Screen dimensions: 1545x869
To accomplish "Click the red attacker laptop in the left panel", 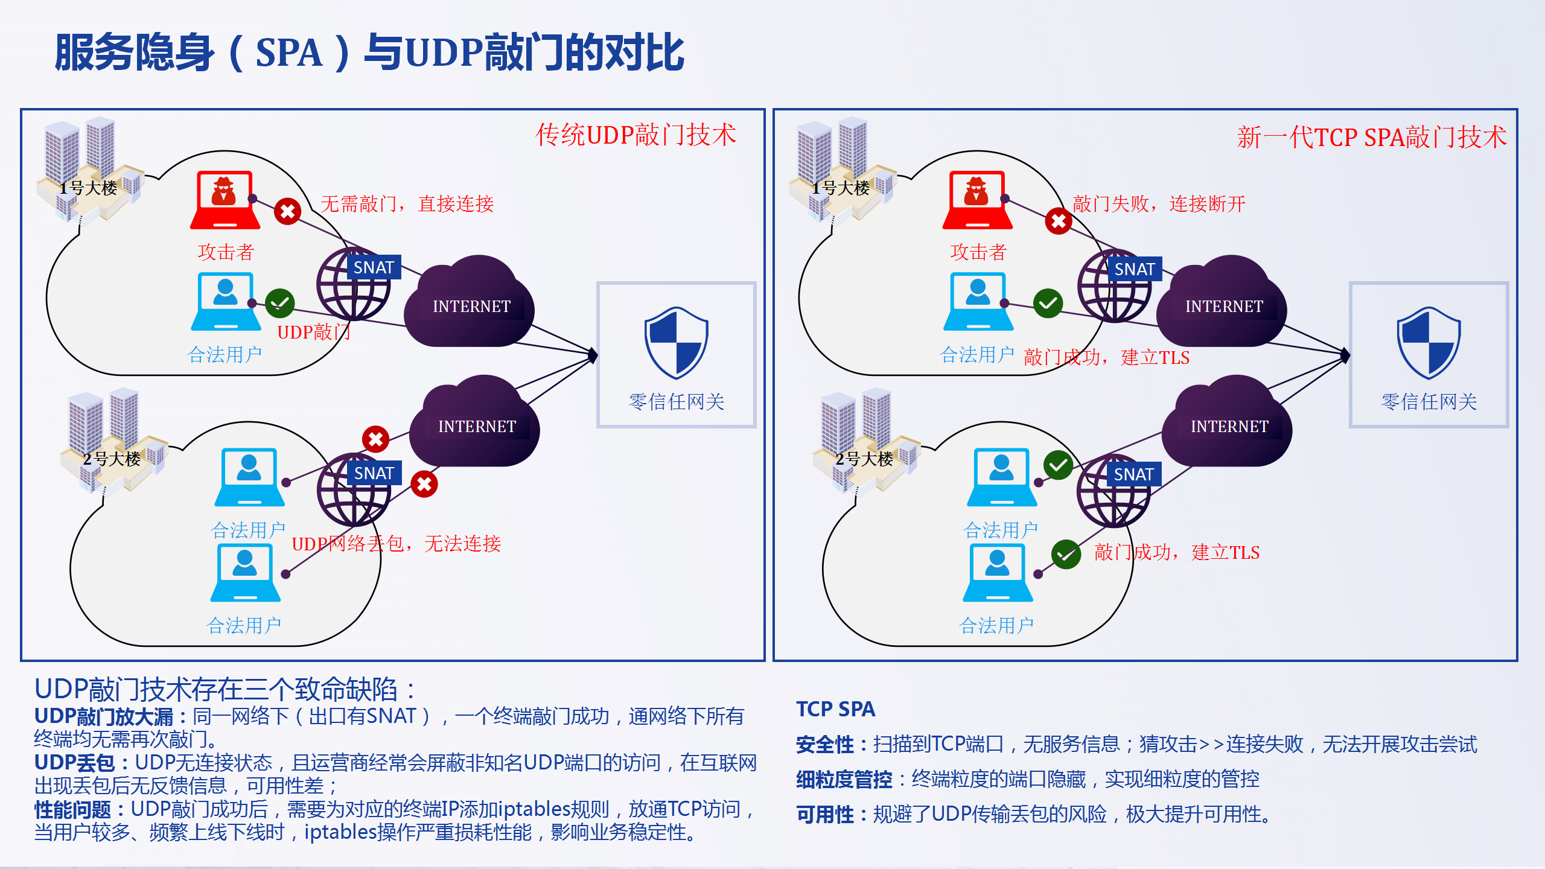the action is click(x=225, y=200).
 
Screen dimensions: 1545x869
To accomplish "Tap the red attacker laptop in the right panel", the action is click(x=978, y=200).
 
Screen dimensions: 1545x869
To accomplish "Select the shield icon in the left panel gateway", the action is click(x=676, y=343).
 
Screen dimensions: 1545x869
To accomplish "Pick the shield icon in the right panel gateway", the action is click(x=1429, y=343).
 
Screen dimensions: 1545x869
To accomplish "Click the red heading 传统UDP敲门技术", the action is click(x=636, y=135).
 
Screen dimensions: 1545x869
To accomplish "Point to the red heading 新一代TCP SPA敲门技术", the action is click(x=1372, y=137).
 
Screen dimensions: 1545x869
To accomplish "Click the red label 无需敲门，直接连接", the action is click(x=407, y=204).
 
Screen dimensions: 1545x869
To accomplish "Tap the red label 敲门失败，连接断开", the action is click(x=1159, y=204).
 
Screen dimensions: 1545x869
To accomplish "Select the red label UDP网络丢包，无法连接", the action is click(x=396, y=544).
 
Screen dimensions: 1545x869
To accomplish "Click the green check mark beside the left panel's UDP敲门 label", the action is click(x=280, y=303).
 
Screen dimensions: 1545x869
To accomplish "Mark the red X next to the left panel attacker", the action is click(x=288, y=212).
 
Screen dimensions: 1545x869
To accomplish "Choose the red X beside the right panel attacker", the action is click(x=1059, y=221).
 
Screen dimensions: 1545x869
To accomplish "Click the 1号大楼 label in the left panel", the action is click(x=88, y=188).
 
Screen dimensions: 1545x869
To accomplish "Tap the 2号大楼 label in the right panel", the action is click(x=864, y=459).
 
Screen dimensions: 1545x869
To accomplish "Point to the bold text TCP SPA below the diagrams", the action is click(x=836, y=709).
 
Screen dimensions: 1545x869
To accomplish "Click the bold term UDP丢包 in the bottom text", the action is click(x=75, y=763).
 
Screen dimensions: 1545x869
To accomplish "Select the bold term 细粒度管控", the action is click(x=844, y=780).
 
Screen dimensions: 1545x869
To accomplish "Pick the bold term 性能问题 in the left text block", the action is click(x=72, y=809).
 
